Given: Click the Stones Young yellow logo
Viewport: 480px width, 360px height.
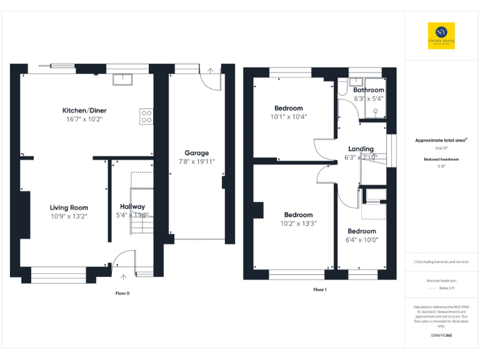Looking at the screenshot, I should pyautogui.click(x=441, y=36).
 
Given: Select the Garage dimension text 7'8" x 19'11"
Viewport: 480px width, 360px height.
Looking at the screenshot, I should pyautogui.click(x=197, y=161).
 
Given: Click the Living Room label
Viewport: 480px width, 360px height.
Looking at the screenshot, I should pyautogui.click(x=69, y=207).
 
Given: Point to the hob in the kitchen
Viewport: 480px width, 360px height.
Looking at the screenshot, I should pyautogui.click(x=146, y=116).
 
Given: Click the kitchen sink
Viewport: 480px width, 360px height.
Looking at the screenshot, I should pyautogui.click(x=122, y=79).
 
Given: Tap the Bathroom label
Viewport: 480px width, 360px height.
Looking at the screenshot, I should pyautogui.click(x=368, y=90).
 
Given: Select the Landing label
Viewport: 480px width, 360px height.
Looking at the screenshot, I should pyautogui.click(x=361, y=149).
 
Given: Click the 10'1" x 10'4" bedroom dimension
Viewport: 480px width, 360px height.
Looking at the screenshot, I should pyautogui.click(x=288, y=116).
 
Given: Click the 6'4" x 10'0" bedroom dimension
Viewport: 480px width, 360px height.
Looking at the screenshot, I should pyautogui.click(x=362, y=239).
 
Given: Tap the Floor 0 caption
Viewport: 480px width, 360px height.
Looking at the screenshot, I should pyautogui.click(x=122, y=292).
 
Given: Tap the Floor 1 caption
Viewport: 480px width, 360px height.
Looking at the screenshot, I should pyautogui.click(x=319, y=289).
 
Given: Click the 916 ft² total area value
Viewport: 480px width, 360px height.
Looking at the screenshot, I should pyautogui.click(x=441, y=149).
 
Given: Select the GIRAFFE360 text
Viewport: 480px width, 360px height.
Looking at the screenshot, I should pyautogui.click(x=441, y=336).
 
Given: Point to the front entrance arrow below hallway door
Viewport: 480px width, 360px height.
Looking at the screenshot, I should pyautogui.click(x=123, y=276).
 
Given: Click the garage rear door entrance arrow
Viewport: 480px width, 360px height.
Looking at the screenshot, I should pyautogui.click(x=211, y=71).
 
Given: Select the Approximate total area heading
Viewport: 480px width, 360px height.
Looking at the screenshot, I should pyautogui.click(x=441, y=141).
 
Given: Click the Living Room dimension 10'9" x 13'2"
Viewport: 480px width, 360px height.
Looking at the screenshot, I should pyautogui.click(x=69, y=216).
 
